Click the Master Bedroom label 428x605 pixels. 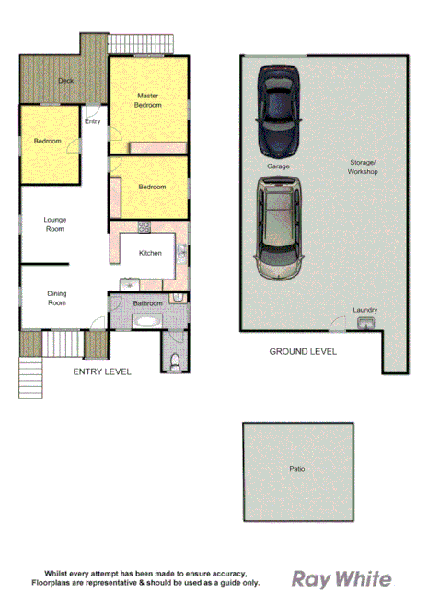pos(149,99)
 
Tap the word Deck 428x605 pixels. pos(65,81)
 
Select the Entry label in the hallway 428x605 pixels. pos(92,121)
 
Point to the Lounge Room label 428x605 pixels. pos(55,223)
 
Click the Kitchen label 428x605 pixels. pos(150,253)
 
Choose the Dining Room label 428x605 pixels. pos(57,298)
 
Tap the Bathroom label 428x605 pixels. pos(147,303)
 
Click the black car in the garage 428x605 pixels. pos(277,111)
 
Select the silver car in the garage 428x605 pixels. pos(279,227)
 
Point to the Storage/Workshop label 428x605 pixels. pos(363,166)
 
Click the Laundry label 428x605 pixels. pos(365,310)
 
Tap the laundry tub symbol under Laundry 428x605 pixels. pos(365,323)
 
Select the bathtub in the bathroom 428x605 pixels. pos(145,322)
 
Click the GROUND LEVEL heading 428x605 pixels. pos(303,351)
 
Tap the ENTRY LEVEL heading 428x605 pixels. pos(102,372)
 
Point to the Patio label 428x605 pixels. pos(297,469)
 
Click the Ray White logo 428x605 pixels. pos(341,579)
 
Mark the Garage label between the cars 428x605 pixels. pos(278,166)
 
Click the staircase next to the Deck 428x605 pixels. pos(142,43)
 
